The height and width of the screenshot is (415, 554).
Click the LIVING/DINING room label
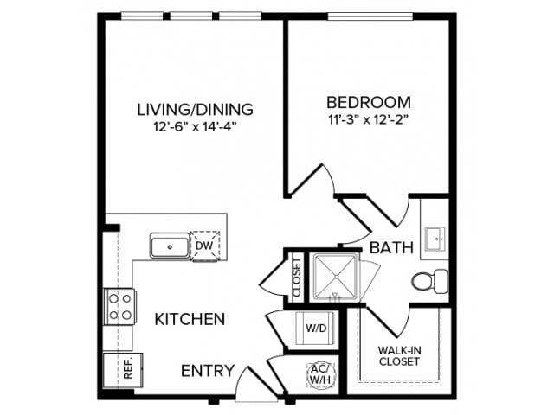pyautogui.click(x=195, y=110)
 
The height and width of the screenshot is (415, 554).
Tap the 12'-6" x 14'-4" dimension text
pyautogui.click(x=195, y=127)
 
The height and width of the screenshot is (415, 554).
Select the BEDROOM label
pyautogui.click(x=369, y=101)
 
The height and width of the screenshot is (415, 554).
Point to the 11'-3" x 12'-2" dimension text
pyautogui.click(x=369, y=118)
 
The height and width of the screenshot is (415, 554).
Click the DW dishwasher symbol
pyautogui.click(x=205, y=246)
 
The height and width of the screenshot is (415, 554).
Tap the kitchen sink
pyautogui.click(x=170, y=246)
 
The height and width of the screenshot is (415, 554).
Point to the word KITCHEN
pyautogui.click(x=190, y=319)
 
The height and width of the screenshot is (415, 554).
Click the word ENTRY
pyautogui.click(x=207, y=372)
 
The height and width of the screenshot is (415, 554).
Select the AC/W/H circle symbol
pyautogui.click(x=318, y=373)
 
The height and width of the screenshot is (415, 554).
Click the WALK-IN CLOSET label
pyautogui.click(x=398, y=355)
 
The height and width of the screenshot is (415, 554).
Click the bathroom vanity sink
pyautogui.click(x=435, y=237)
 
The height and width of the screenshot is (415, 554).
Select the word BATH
pyautogui.click(x=391, y=249)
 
